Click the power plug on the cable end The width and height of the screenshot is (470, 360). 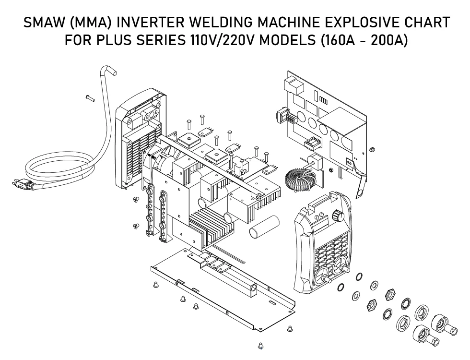click(22, 183)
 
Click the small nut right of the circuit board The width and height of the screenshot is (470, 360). click(372, 150)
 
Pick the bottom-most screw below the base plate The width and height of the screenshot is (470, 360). click(260, 346)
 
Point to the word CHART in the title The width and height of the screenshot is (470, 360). click(427, 23)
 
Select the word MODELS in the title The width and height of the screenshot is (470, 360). click(286, 40)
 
